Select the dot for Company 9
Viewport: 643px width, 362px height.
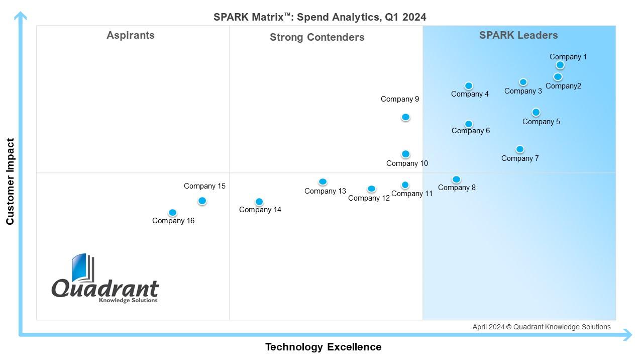coord(405,117)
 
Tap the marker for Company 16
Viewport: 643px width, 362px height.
coord(172,213)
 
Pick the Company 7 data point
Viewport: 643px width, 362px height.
coord(520,149)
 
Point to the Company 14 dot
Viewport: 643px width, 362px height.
coord(259,202)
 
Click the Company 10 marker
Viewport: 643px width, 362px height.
coord(405,154)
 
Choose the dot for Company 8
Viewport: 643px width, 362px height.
coord(456,179)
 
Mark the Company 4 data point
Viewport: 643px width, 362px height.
coord(469,86)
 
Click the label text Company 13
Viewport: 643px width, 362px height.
coord(325,191)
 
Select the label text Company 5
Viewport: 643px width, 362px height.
coord(541,122)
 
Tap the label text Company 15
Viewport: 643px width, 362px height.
coord(204,186)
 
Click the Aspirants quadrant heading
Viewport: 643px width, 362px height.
coord(131,36)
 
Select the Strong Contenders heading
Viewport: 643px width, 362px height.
coord(317,37)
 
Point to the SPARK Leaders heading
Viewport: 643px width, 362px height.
coord(518,35)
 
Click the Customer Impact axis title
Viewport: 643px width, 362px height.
coord(10,182)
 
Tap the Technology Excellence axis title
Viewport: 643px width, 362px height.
coord(323,347)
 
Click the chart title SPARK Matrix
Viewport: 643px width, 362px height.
coord(319,17)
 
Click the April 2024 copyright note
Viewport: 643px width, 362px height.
coord(542,327)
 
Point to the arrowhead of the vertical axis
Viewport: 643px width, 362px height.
coord(21,17)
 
